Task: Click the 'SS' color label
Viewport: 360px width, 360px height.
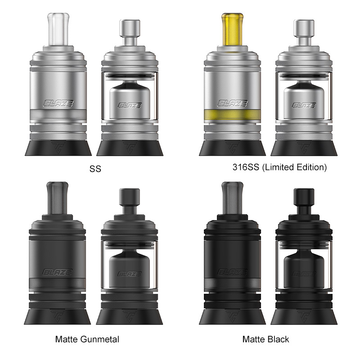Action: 95,169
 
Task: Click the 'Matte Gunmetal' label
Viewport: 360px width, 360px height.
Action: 87,339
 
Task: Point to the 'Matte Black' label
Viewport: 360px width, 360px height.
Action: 265,339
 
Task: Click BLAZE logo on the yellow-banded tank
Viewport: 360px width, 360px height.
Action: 232,103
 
